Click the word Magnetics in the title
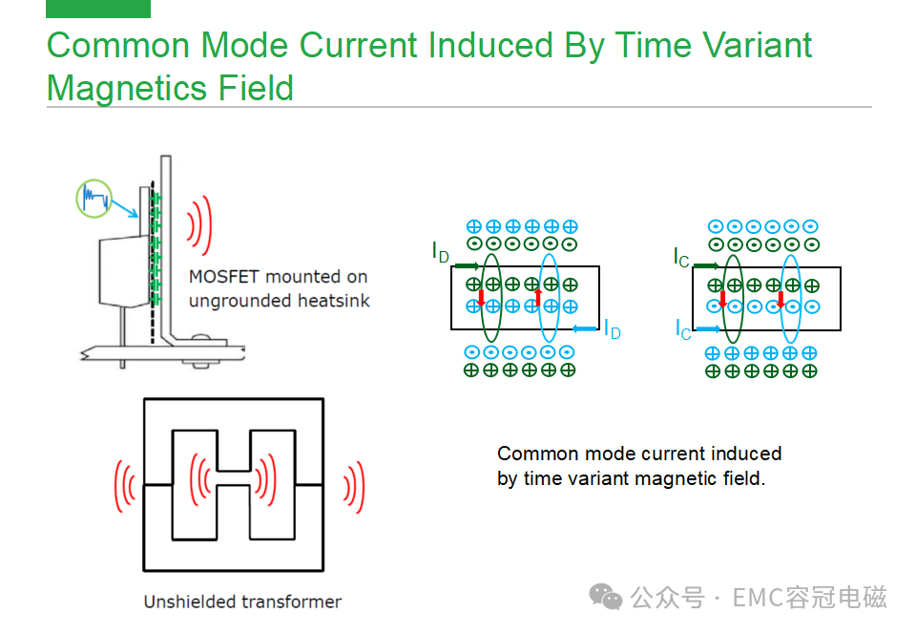[x=127, y=90]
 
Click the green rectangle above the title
[x=98, y=9]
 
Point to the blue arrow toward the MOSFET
[x=124, y=208]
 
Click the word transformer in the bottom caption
[x=292, y=602]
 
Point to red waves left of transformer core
[x=124, y=486]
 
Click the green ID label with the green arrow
[x=441, y=252]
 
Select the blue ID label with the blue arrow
[x=613, y=328]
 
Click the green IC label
[x=681, y=257]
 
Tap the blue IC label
[x=683, y=329]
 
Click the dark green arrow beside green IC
[x=706, y=265]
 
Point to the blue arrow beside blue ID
[x=585, y=329]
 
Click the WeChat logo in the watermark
[x=605, y=597]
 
